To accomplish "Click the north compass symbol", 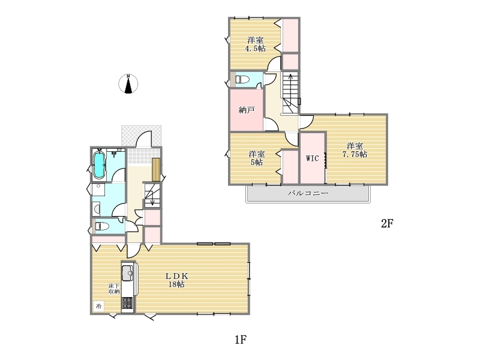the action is click(128, 83).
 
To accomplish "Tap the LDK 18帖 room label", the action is click(176, 280).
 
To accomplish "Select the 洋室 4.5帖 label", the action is click(256, 44).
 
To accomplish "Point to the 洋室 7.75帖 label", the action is click(355, 150).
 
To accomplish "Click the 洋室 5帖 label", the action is click(257, 158).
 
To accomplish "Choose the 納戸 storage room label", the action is click(247, 110).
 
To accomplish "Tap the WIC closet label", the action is click(312, 158).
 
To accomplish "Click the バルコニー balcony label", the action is click(308, 193).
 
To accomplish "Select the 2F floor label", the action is click(387, 224).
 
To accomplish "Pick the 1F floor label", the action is click(241, 340).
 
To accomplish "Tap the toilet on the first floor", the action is click(102, 227).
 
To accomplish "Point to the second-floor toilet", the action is click(242, 80).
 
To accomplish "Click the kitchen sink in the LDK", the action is click(127, 272).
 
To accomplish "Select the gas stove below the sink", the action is click(127, 303).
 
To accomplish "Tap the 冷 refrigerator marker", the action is click(98, 306).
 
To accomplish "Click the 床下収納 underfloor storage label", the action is click(114, 289).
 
